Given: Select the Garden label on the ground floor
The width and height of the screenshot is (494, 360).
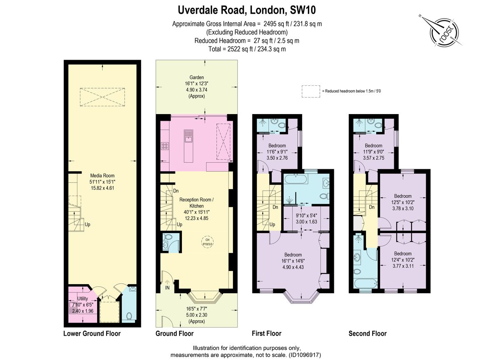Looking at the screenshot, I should (x=196, y=77).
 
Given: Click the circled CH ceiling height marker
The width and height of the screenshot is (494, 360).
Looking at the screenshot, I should (x=207, y=242).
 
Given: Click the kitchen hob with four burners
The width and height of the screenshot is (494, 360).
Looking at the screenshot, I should (x=165, y=145).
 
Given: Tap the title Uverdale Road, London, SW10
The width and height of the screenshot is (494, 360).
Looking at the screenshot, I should (x=247, y=9).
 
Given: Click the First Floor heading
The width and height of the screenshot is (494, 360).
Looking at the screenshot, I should (x=266, y=333).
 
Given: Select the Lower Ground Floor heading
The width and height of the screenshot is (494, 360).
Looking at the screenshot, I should (x=92, y=333).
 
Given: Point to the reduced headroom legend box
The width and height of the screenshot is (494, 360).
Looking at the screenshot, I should (x=311, y=91).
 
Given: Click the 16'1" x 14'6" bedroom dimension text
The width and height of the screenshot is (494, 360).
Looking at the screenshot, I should (x=292, y=261).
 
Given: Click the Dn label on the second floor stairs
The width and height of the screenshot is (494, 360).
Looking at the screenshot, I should (x=371, y=207).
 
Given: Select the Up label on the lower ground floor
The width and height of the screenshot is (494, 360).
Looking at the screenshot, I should (x=87, y=225).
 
